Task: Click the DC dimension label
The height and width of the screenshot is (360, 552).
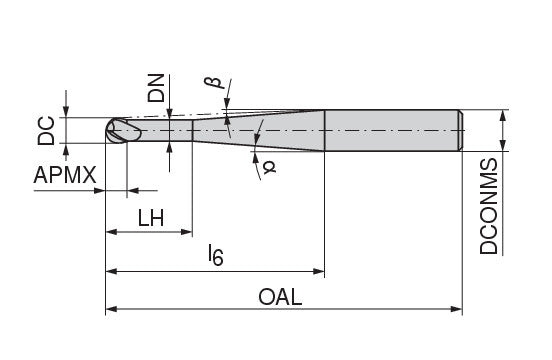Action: (46, 131)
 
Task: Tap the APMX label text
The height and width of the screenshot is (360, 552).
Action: (65, 175)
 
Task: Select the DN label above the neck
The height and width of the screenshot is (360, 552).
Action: (156, 88)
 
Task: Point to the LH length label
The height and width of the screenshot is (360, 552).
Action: (151, 218)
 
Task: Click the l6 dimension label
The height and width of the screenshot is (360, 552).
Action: (216, 255)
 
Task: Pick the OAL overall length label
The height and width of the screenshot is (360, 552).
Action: (280, 297)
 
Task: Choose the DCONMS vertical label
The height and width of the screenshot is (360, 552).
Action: (489, 206)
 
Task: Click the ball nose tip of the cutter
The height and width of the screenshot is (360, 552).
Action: (107, 131)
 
